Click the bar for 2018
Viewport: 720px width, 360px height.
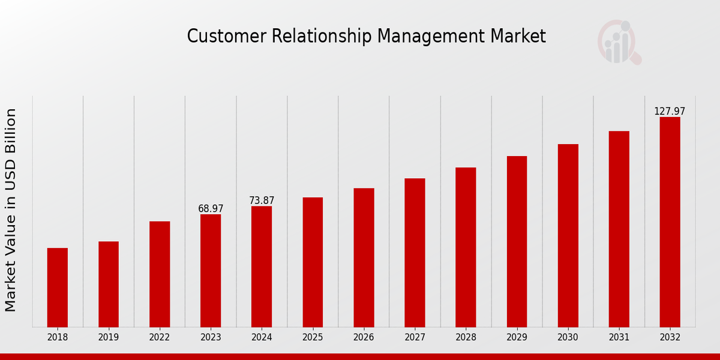[x=58, y=287]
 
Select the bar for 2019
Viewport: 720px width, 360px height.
[x=109, y=284]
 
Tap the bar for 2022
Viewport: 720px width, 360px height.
[x=160, y=274]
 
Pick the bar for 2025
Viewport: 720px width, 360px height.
[x=313, y=262]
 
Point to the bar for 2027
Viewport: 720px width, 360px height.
[x=415, y=253]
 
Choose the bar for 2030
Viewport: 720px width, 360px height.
[x=568, y=235]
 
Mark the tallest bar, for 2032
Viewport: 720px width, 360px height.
[x=670, y=222]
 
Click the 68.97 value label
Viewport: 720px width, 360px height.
[x=211, y=209]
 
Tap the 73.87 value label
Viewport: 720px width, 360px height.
[x=262, y=200]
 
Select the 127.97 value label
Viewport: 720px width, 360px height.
[x=670, y=112]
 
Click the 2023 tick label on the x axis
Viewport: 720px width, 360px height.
[x=211, y=338]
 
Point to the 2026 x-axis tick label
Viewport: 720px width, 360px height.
[x=364, y=338]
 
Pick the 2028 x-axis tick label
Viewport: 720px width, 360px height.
[x=466, y=338]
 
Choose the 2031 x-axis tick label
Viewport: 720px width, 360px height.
[x=619, y=338]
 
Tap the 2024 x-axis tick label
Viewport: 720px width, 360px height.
[x=262, y=338]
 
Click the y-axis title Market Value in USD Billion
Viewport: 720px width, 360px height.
[x=11, y=210]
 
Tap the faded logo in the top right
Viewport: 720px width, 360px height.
[x=619, y=42]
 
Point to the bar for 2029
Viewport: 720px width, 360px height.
[x=517, y=241]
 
